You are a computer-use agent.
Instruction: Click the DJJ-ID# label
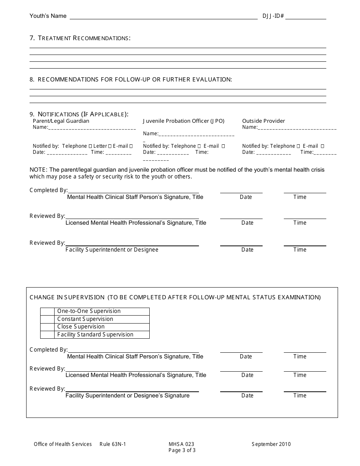(273, 16)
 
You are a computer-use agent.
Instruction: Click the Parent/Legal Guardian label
(61, 121)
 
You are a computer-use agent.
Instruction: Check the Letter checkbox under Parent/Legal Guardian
(110, 146)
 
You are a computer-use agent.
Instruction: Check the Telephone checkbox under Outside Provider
(299, 146)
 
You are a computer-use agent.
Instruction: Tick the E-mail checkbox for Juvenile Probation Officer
(223, 146)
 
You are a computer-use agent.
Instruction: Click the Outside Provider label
(263, 121)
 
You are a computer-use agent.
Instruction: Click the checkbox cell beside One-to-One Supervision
(47, 311)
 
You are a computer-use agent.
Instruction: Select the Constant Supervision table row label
(85, 319)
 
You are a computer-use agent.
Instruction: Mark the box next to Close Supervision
(47, 327)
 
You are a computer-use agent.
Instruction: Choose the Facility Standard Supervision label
(95, 335)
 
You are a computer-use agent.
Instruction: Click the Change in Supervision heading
(67, 297)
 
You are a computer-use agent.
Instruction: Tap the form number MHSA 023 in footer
(182, 444)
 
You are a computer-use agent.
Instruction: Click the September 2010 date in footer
(271, 444)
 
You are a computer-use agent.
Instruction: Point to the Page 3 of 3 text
(182, 450)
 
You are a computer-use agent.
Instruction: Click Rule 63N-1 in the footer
(113, 444)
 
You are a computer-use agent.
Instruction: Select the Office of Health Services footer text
(63, 444)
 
